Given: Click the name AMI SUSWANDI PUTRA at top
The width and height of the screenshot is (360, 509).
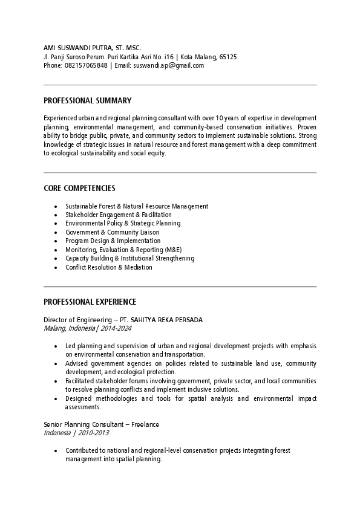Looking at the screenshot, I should point(79,47).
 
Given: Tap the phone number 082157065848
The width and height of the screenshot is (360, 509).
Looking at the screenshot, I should point(86,65).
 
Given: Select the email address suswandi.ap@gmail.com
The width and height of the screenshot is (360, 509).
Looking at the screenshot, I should point(168,65).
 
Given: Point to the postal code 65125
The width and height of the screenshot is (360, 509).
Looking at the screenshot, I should point(227,56).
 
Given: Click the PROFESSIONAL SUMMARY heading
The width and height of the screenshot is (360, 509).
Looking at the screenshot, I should point(88,100).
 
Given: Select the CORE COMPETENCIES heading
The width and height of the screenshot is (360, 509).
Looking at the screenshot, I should point(79,189).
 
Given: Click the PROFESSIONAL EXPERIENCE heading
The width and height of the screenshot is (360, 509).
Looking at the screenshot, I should point(90,302).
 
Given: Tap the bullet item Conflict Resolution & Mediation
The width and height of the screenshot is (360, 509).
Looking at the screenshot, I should point(109,267).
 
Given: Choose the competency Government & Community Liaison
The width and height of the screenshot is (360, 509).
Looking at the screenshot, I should point(113,232).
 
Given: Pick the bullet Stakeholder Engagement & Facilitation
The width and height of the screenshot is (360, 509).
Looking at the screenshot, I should point(119,215).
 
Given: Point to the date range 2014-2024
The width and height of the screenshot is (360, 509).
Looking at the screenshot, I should point(116,328).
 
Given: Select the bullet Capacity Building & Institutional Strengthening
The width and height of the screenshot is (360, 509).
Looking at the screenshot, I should point(130,258).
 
